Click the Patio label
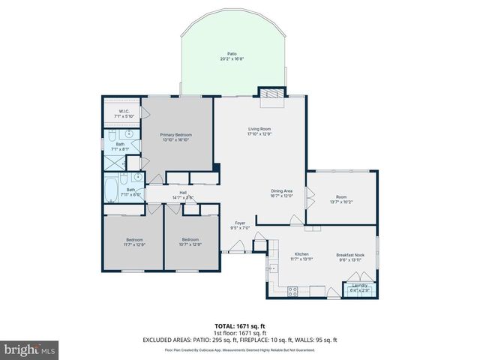[x=232, y=53]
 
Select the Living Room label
[x=259, y=129]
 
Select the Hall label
[x=184, y=192]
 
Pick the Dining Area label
[x=281, y=191]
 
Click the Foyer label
[x=240, y=223]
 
